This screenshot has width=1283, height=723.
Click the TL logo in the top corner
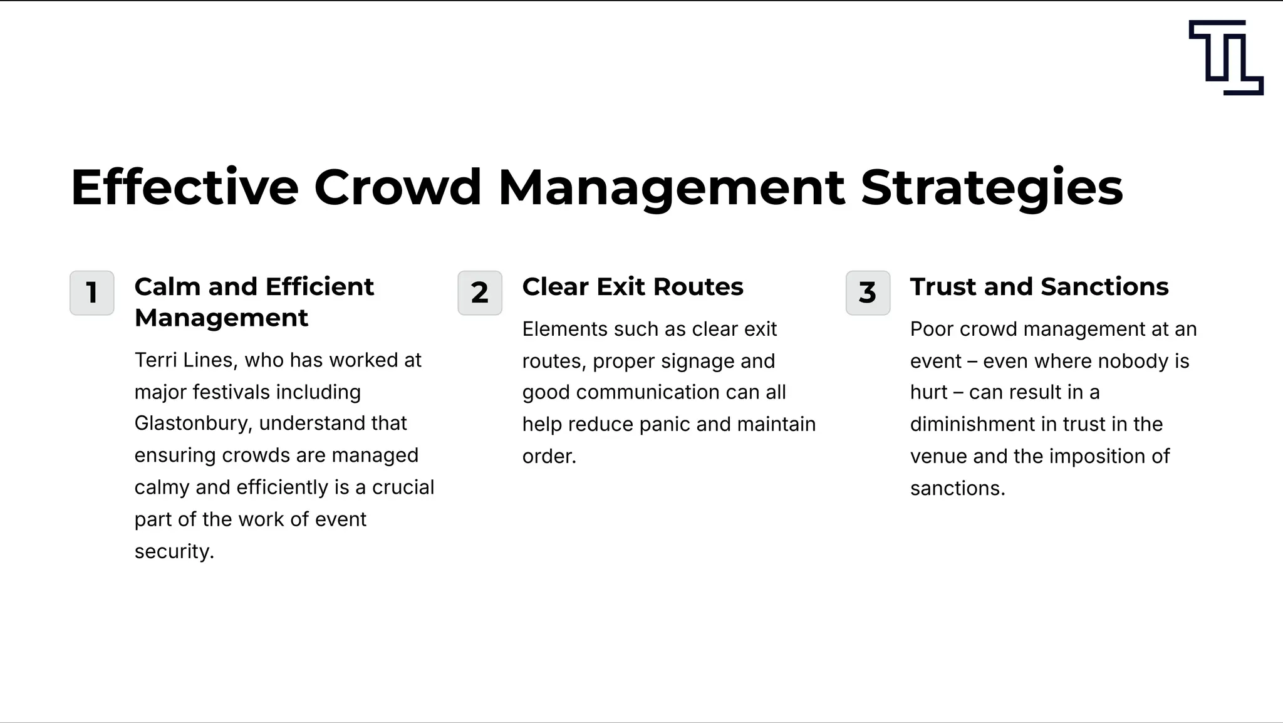tap(1225, 57)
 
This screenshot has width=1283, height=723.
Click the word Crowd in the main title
tap(397, 187)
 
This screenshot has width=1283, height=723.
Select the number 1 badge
tap(92, 293)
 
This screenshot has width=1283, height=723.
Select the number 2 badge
tap(480, 293)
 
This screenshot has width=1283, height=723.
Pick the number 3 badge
tap(868, 293)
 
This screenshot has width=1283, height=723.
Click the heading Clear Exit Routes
tap(633, 287)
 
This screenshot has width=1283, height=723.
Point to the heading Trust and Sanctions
tap(1039, 287)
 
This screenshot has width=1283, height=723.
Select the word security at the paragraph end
tap(174, 551)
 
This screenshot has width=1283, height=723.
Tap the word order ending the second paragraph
tap(549, 457)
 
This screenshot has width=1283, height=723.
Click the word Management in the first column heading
tap(221, 318)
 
